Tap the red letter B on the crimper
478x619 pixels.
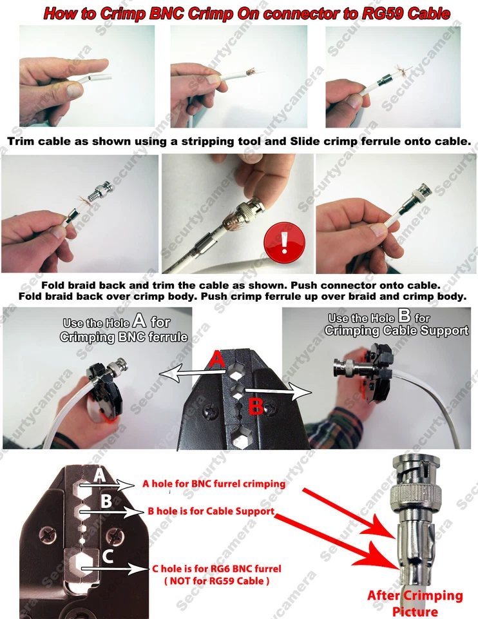255,407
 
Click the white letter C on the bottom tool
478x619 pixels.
109,557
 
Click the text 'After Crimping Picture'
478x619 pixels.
415,603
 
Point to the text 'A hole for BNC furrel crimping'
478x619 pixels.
213,484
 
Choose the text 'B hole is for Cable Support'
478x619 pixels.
211,511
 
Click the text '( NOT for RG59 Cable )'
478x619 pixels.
217,581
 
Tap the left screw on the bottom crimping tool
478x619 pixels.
48,534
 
